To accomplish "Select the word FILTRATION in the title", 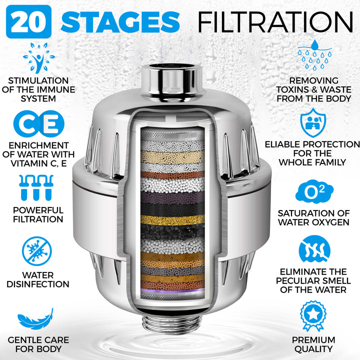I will point(275,21).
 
